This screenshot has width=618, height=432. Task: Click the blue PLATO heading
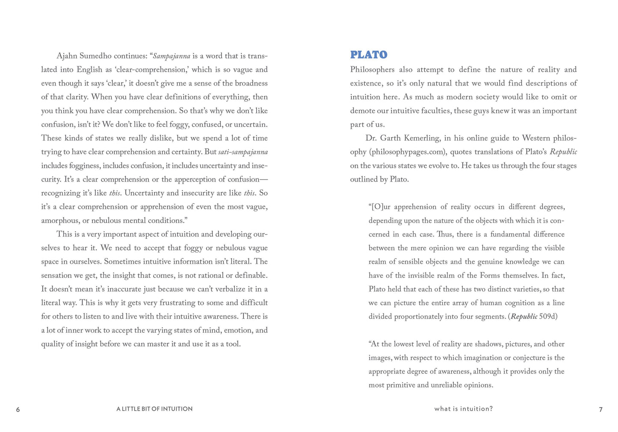click(x=368, y=55)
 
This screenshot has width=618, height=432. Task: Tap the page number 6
click(x=18, y=409)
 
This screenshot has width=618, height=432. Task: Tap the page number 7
click(x=600, y=409)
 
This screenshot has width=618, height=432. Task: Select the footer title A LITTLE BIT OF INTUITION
click(x=154, y=409)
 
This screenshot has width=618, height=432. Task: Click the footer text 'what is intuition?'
click(x=463, y=409)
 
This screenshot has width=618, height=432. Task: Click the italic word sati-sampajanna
click(x=243, y=152)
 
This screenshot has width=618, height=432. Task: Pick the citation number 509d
click(x=548, y=317)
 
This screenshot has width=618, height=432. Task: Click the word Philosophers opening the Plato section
click(x=372, y=70)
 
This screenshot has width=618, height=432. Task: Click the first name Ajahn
click(x=67, y=56)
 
